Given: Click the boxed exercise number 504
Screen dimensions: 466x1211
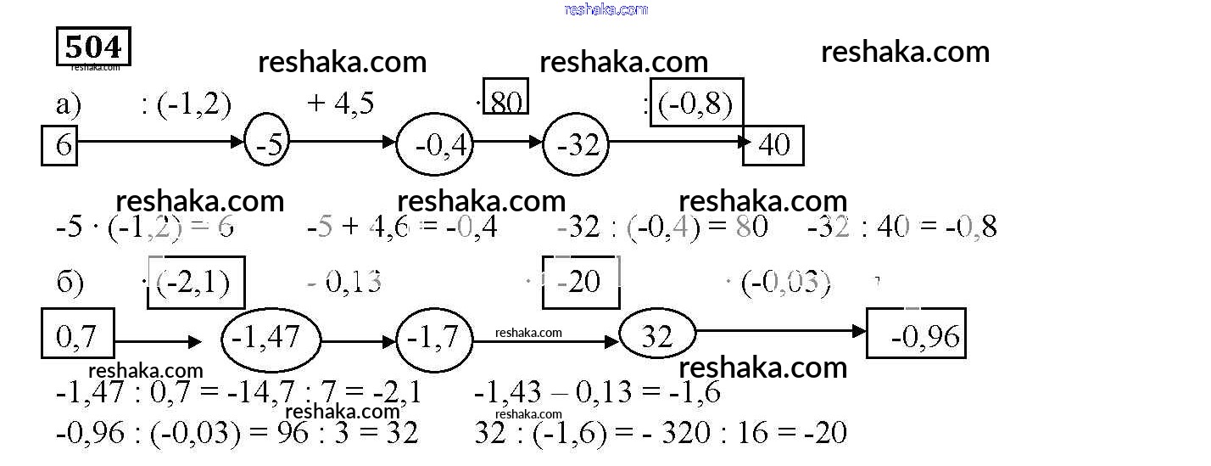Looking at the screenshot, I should tap(93, 47).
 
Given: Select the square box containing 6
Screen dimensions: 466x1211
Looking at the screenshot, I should tap(59, 145).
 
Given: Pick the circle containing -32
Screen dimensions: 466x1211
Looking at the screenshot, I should tap(577, 145).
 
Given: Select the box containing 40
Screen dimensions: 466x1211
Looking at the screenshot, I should tap(773, 145).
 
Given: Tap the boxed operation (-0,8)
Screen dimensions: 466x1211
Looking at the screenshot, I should tap(696, 103).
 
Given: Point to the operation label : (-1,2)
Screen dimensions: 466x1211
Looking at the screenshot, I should tap(186, 104).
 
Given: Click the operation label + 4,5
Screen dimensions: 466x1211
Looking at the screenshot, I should tap(341, 104).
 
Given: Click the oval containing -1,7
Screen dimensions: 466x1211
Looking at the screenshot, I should tap(433, 339).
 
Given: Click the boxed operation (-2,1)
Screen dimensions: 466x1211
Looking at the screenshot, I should tap(196, 282).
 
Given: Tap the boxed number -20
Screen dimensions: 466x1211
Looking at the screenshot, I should tap(581, 281).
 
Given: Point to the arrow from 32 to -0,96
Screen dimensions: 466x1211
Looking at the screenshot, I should tap(780, 331).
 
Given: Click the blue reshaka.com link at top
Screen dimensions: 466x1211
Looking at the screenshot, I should tap(605, 9).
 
